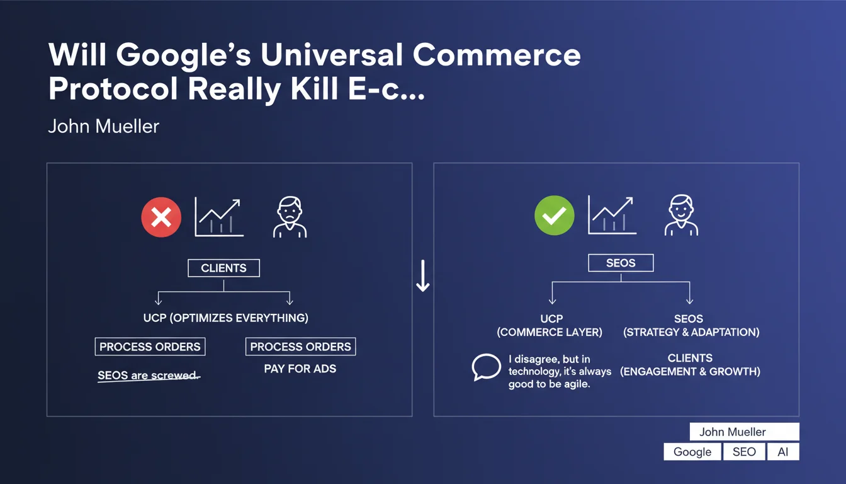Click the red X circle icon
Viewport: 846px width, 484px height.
161,217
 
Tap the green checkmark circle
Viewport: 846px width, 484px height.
555,215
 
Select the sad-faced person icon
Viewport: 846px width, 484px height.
290,217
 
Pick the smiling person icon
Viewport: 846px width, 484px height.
681,216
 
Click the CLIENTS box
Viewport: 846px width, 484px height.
223,268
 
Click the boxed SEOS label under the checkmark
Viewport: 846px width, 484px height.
621,263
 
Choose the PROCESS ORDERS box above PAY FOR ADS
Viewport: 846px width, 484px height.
301,347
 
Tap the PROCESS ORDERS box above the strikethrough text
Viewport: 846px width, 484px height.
150,347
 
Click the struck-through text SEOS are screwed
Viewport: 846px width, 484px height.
149,376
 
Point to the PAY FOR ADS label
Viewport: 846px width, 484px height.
300,369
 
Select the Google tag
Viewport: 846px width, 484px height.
692,452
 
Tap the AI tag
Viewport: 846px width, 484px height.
783,452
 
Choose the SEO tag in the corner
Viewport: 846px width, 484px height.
744,452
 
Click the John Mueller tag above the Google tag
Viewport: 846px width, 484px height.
745,432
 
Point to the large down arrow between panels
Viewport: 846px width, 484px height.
423,275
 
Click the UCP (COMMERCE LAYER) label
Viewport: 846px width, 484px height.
550,326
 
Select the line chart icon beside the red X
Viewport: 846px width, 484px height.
219,217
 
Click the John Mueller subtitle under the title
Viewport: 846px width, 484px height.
103,126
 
